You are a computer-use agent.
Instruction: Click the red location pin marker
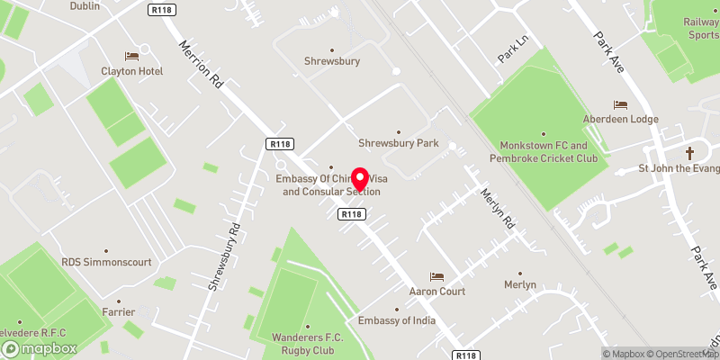tap(361, 179)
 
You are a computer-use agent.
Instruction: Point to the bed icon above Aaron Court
tap(437, 276)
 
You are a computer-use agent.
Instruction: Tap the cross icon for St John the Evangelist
tap(690, 152)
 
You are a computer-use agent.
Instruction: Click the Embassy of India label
tap(396, 321)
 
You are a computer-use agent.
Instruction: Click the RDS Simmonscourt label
tap(106, 262)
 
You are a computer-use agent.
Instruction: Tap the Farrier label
tap(118, 312)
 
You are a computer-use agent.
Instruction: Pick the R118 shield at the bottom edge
tap(465, 355)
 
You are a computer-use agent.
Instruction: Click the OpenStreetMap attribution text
tap(679, 355)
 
